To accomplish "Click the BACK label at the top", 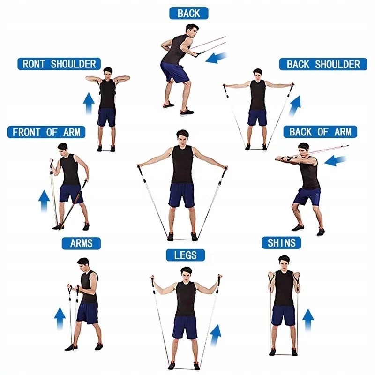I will point(188,13).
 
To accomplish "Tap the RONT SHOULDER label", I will point(59,64).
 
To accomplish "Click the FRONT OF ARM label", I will point(46,132).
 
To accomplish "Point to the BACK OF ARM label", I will point(320,132).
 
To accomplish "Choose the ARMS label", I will point(82,243).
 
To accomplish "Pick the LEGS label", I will point(186,255).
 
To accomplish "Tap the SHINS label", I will point(281,243).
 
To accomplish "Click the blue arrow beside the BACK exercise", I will point(217,58).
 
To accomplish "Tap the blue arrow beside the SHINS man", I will point(308,321).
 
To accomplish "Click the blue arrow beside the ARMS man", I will point(60,320).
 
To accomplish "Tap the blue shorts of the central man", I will point(182,195).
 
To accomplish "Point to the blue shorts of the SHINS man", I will point(284,315).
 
